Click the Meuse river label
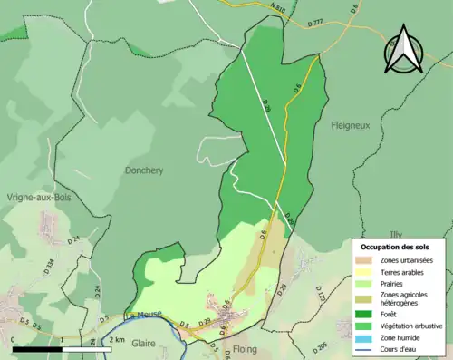(149, 315)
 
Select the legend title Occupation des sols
(396, 247)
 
